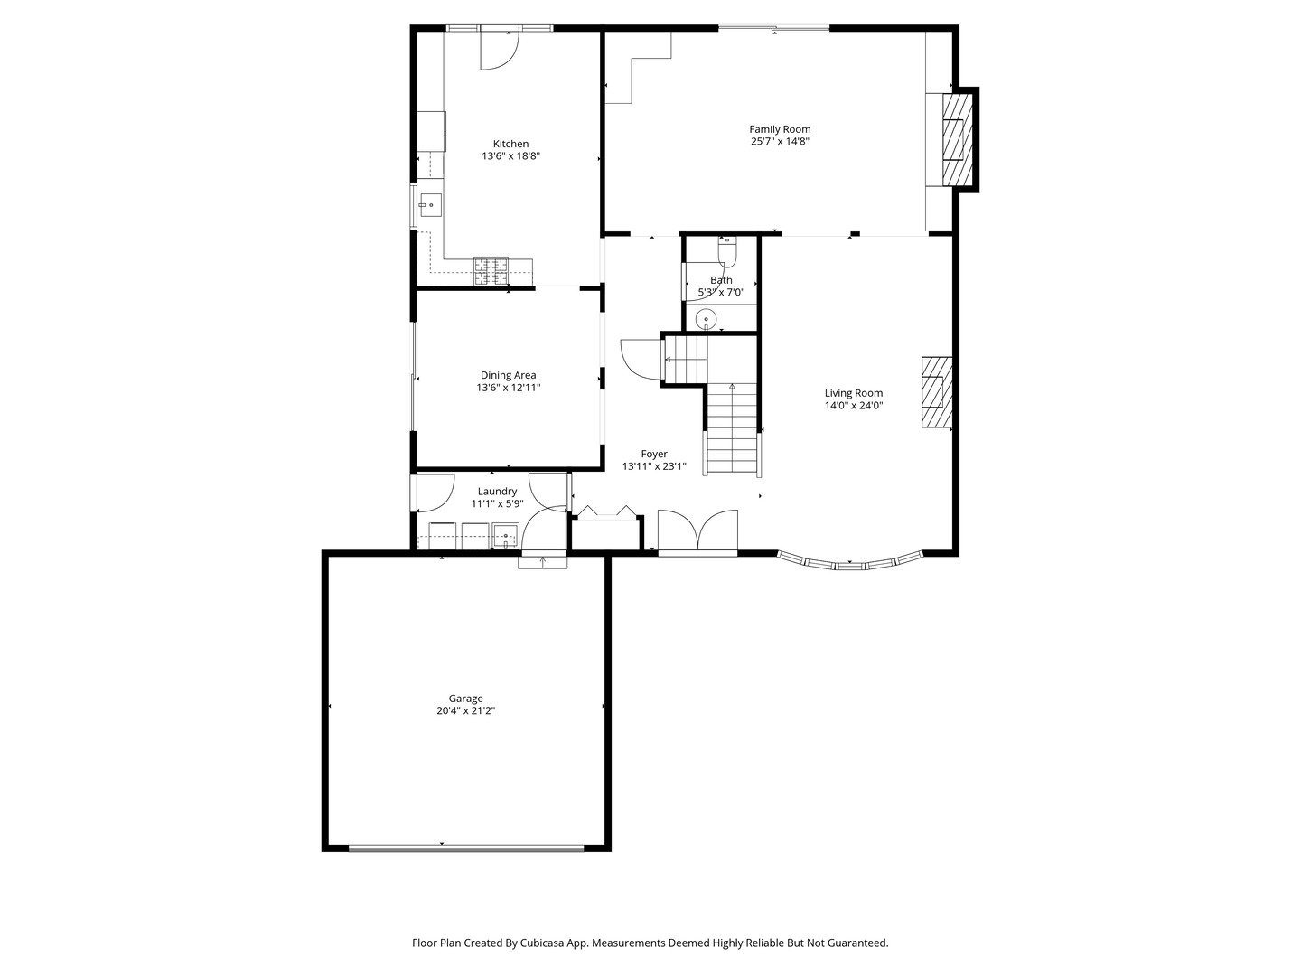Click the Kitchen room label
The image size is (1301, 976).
(x=510, y=144)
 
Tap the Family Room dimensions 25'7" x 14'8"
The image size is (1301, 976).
(x=780, y=142)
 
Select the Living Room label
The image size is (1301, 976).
(x=853, y=393)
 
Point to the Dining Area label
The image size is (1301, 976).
(x=508, y=375)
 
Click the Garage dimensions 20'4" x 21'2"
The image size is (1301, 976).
(x=466, y=711)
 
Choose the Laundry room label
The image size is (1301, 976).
(x=497, y=492)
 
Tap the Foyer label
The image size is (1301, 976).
(x=654, y=455)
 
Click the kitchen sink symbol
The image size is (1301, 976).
(x=430, y=206)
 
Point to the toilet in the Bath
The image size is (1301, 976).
(x=728, y=249)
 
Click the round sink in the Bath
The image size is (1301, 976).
(x=706, y=318)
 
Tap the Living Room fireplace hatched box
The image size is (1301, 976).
(x=936, y=392)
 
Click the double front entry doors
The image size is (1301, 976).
(x=697, y=533)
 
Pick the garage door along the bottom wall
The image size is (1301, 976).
(x=466, y=848)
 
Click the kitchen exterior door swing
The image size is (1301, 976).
(x=498, y=50)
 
